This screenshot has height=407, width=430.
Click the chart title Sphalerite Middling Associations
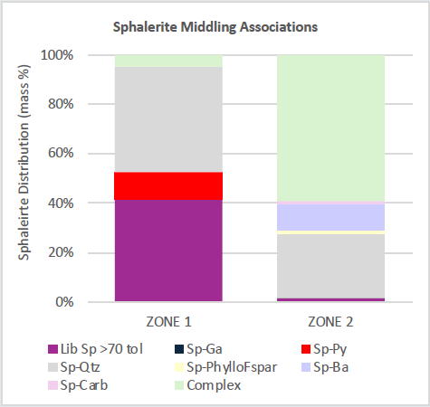pyautogui.click(x=215, y=26)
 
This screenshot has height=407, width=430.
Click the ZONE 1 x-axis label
pyautogui.click(x=168, y=320)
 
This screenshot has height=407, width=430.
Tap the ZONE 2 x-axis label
pyautogui.click(x=330, y=320)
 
